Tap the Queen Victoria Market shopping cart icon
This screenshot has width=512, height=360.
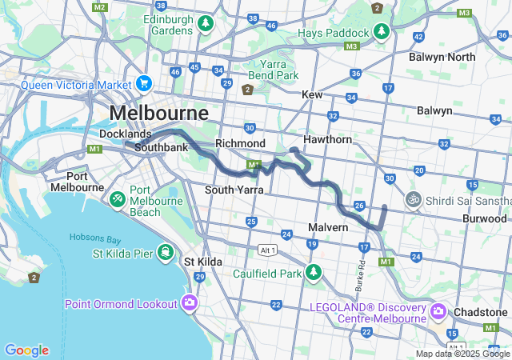point(144,83)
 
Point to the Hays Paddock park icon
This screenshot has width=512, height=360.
point(382,33)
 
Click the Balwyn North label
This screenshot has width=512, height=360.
point(442,57)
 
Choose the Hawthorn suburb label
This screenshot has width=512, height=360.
point(327,139)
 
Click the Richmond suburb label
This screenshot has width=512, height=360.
point(240,143)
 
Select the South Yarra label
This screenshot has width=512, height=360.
point(234,190)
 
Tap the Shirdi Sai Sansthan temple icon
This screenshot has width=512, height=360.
point(414,198)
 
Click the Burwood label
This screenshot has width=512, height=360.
point(484,218)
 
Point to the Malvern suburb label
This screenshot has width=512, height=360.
point(328,227)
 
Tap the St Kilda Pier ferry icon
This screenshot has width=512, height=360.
point(164,253)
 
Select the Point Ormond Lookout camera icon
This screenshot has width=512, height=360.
point(190,302)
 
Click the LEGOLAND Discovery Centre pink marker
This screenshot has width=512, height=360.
point(438,310)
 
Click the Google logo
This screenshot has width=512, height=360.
point(26,350)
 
